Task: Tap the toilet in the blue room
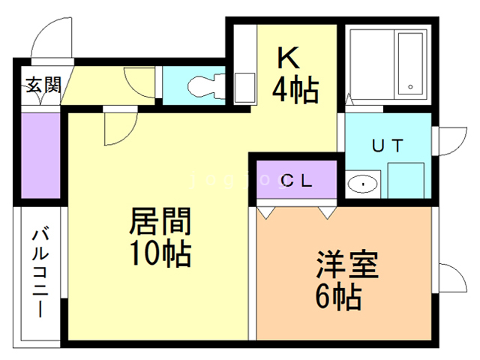(x=202, y=85)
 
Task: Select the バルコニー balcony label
(x=39, y=273)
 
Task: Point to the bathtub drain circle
(x=412, y=88)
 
